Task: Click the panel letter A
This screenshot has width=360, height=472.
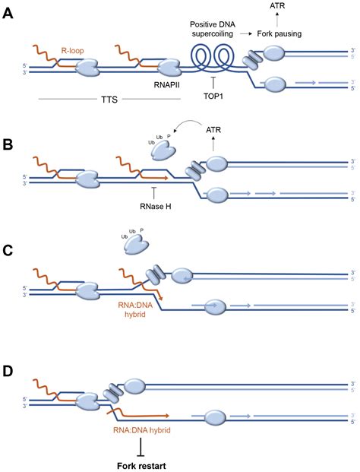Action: (x=8, y=14)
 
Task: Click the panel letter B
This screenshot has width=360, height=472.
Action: (x=8, y=144)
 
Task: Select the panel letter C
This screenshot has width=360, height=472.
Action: (x=8, y=250)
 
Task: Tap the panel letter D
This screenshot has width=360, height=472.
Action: (x=8, y=371)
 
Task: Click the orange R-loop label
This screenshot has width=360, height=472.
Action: (x=72, y=50)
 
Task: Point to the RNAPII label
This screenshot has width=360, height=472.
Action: (x=166, y=85)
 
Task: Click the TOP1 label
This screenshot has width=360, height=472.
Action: (x=213, y=97)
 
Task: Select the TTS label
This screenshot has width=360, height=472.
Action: (x=109, y=100)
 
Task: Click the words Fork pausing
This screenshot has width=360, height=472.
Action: (x=279, y=33)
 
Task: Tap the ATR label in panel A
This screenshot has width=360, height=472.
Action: (x=277, y=5)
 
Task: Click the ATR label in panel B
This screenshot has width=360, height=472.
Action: (x=213, y=130)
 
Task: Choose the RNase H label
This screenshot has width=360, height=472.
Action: (x=156, y=207)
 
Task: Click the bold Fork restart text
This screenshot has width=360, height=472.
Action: (x=141, y=466)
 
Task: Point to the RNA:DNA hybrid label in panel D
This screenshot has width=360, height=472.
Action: (x=142, y=430)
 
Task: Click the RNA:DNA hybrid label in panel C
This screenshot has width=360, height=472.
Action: (x=134, y=310)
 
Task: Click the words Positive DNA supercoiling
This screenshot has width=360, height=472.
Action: (x=213, y=29)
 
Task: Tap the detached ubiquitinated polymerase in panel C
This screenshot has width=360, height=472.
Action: (x=137, y=246)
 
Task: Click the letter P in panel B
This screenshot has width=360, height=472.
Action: (x=169, y=136)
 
